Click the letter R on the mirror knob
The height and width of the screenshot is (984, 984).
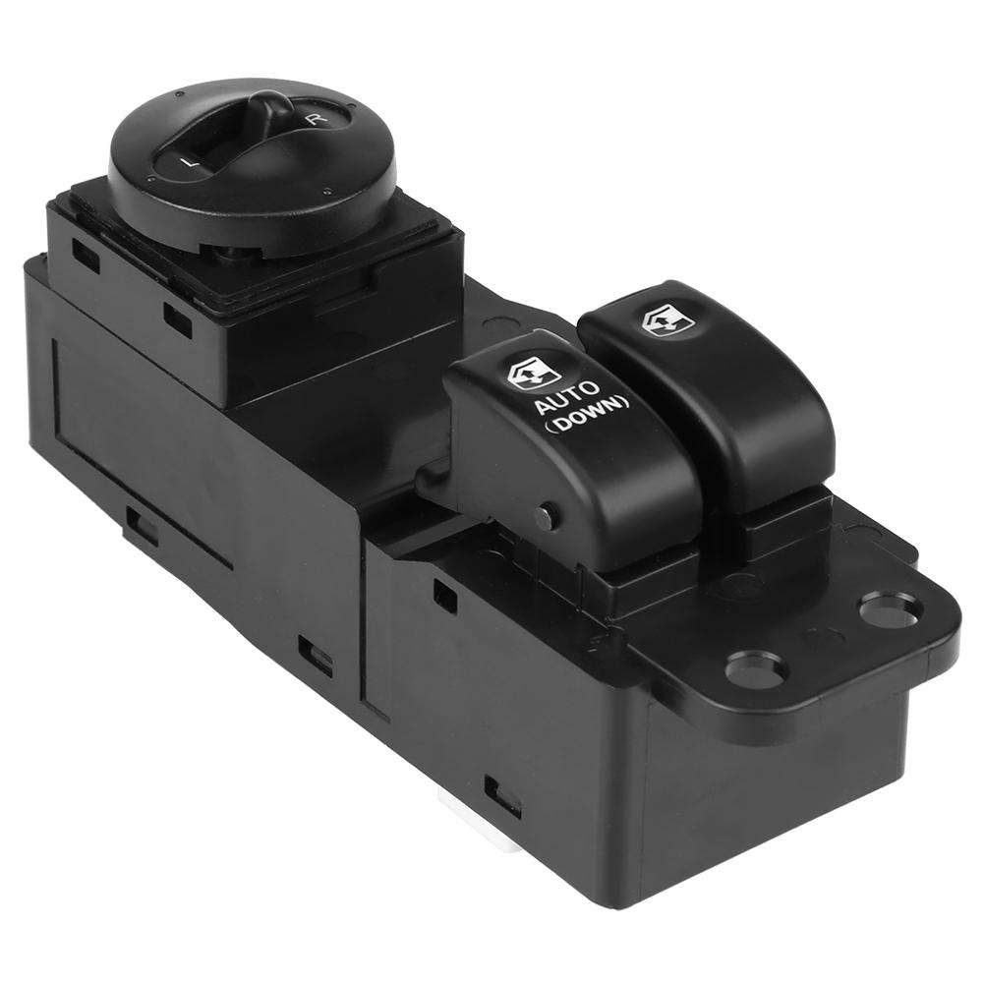312,119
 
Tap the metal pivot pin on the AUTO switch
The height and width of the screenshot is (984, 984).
549,513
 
